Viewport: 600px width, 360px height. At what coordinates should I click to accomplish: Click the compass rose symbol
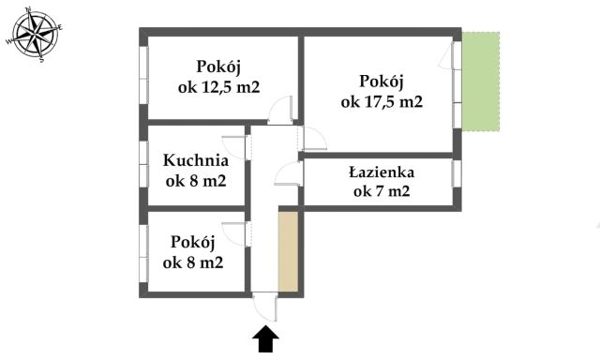(34, 36)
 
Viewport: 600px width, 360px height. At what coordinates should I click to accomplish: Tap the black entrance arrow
(265, 338)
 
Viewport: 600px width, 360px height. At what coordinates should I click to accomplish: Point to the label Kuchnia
(195, 160)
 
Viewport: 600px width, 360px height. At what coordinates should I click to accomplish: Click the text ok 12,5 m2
(219, 87)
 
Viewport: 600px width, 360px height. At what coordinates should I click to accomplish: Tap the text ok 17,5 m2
(382, 102)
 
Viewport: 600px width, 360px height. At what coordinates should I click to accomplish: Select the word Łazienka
(381, 172)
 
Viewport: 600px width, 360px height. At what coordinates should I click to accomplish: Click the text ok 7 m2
(382, 192)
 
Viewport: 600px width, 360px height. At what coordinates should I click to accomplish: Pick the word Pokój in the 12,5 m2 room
(219, 67)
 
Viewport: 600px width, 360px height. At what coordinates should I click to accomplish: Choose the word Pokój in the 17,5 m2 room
(382, 82)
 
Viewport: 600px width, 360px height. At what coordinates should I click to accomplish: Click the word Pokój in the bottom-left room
(192, 242)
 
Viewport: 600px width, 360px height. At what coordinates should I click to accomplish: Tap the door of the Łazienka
(289, 174)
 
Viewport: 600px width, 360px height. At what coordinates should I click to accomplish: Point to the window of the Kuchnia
(144, 163)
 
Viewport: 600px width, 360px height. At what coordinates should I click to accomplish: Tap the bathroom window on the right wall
(457, 174)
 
